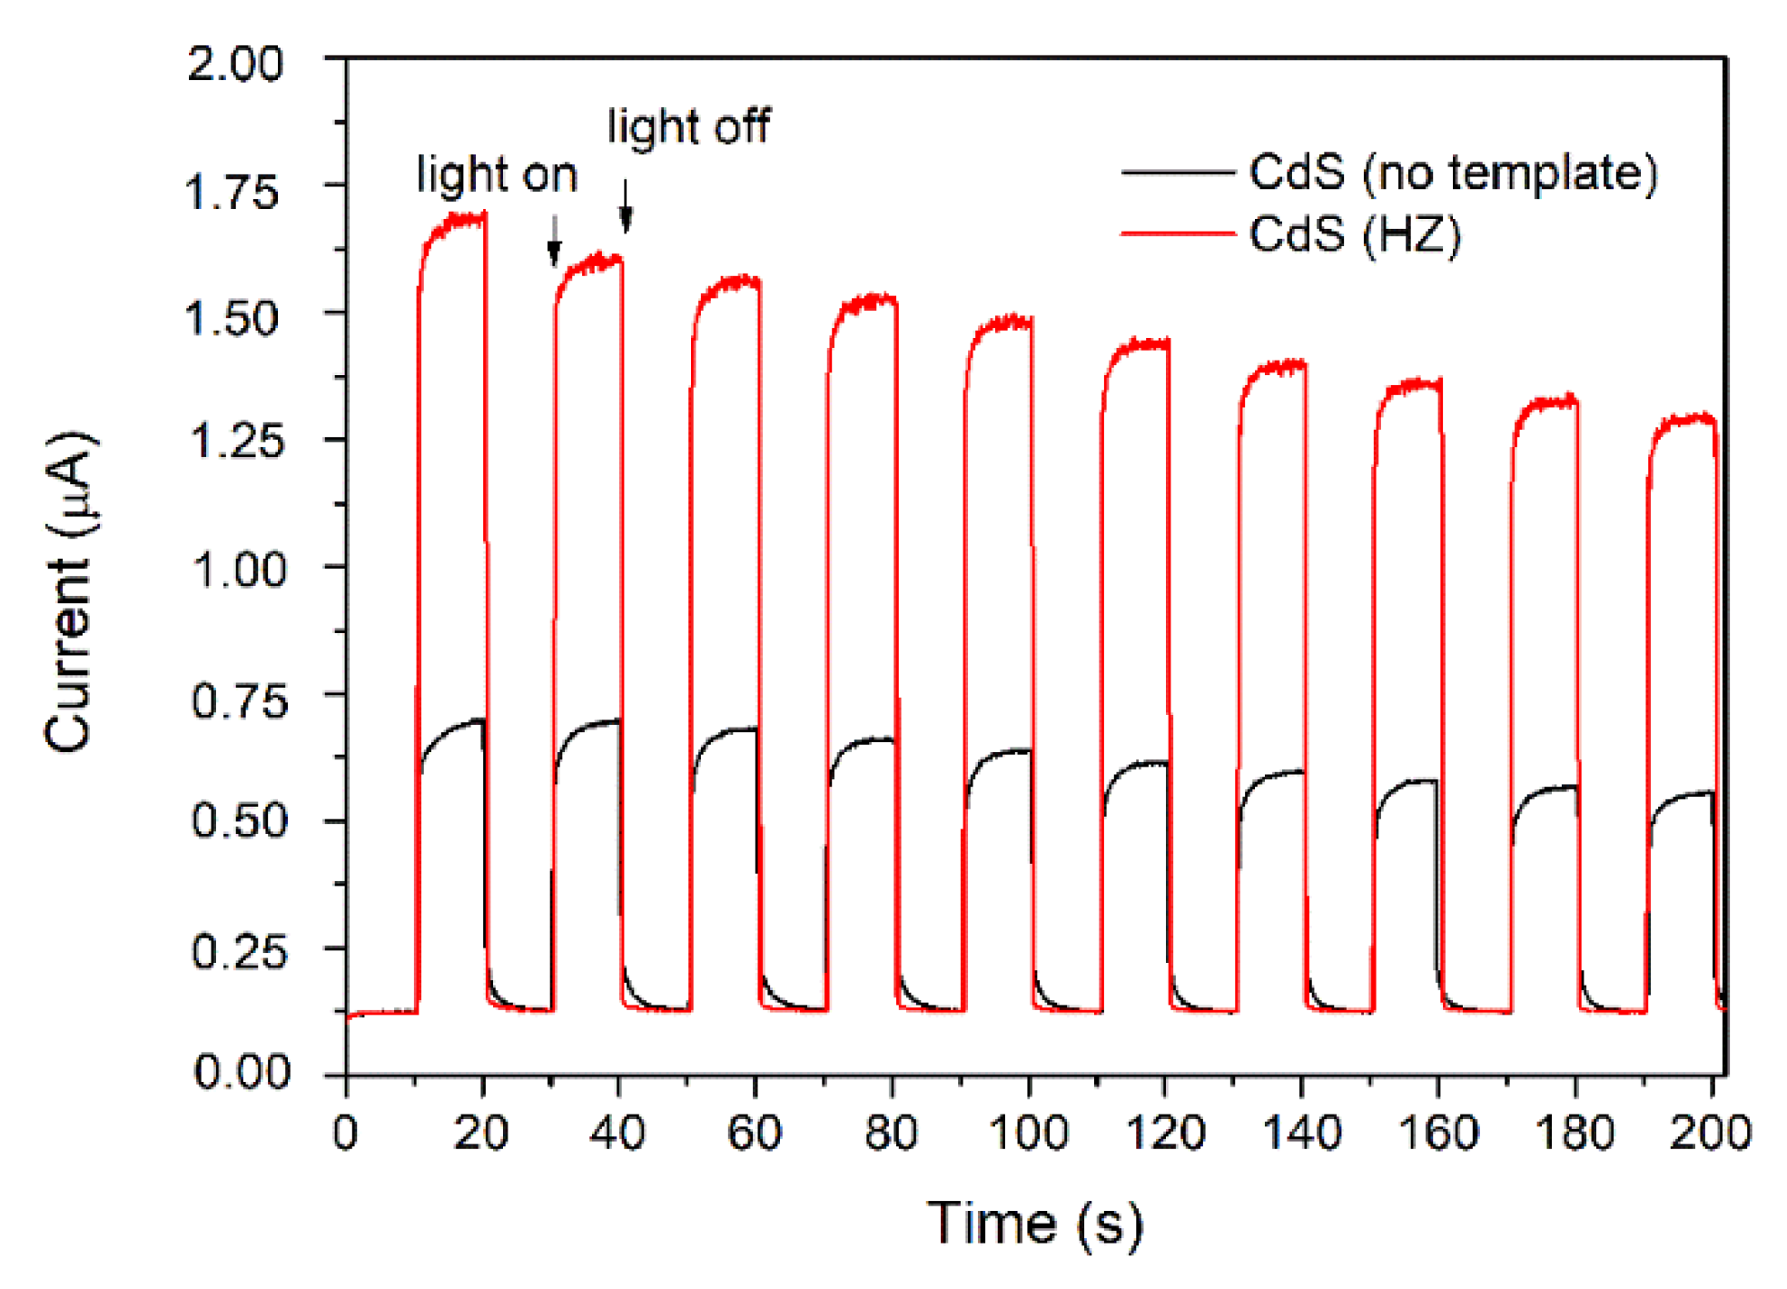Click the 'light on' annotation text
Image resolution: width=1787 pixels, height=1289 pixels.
tap(497, 174)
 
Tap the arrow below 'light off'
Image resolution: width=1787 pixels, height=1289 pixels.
tap(625, 207)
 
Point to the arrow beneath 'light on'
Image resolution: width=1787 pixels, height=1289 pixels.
tap(554, 242)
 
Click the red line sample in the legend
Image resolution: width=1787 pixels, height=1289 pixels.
tap(1178, 234)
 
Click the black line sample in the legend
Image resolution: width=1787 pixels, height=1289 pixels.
tap(1178, 172)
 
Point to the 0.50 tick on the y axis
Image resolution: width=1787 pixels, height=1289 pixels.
tap(238, 820)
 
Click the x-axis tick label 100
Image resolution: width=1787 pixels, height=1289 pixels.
tap(1028, 1133)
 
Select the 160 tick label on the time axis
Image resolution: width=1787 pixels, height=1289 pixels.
tap(1438, 1133)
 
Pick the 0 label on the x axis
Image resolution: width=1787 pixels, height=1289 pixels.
tap(345, 1133)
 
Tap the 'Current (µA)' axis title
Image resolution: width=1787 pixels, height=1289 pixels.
tap(69, 590)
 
